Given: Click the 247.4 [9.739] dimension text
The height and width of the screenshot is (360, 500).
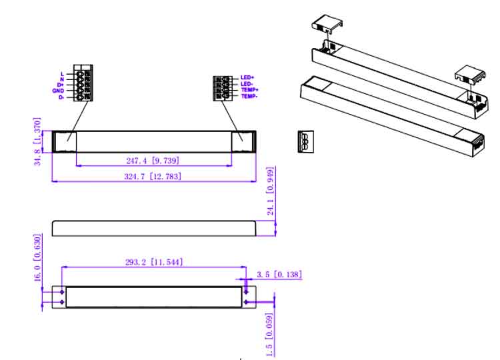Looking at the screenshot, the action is point(153,161).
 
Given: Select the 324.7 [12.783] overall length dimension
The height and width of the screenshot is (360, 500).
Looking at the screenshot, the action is point(153,176).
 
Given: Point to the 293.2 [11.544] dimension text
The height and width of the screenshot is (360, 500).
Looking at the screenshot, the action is point(155,262).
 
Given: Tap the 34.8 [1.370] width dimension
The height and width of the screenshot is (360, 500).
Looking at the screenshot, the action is point(37,141).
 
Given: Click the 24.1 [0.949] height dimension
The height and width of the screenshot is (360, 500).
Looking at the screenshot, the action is point(271,191).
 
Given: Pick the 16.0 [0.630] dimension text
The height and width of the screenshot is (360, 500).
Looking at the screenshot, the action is point(37,257).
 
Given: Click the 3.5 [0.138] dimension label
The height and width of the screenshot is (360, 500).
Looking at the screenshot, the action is point(279,274).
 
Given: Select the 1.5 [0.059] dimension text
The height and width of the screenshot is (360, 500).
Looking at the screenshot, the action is point(270,335).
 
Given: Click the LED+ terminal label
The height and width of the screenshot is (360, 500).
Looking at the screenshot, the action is point(247,77).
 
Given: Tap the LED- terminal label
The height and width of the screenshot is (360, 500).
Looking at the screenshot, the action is point(247,84).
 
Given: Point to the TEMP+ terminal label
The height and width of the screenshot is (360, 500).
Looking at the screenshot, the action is point(250,90).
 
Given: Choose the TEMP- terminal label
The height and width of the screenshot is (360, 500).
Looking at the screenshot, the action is point(249,96).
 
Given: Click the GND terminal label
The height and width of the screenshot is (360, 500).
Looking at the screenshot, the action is point(58,91).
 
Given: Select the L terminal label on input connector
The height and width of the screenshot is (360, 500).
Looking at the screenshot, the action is point(62,74).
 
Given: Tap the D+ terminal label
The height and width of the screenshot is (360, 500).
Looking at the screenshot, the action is point(61,85).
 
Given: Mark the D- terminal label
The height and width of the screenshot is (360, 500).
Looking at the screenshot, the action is point(61,97).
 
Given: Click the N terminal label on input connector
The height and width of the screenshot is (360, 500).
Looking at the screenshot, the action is point(62,79).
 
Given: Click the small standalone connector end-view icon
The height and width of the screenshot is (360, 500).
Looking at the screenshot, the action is point(306,141).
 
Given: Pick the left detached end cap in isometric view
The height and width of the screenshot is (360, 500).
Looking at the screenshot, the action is point(327,23).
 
